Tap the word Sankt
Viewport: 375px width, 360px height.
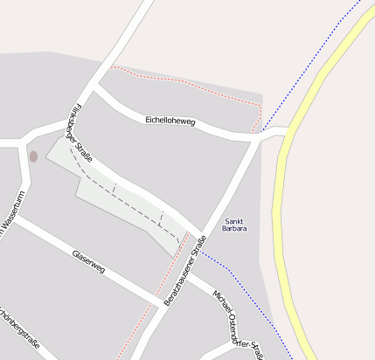tap(234, 220)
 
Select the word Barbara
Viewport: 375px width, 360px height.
tap(234, 229)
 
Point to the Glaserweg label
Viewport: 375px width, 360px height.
tap(88, 262)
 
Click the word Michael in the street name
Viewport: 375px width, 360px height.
tap(221, 302)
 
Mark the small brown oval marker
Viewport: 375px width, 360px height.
tap(33, 156)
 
